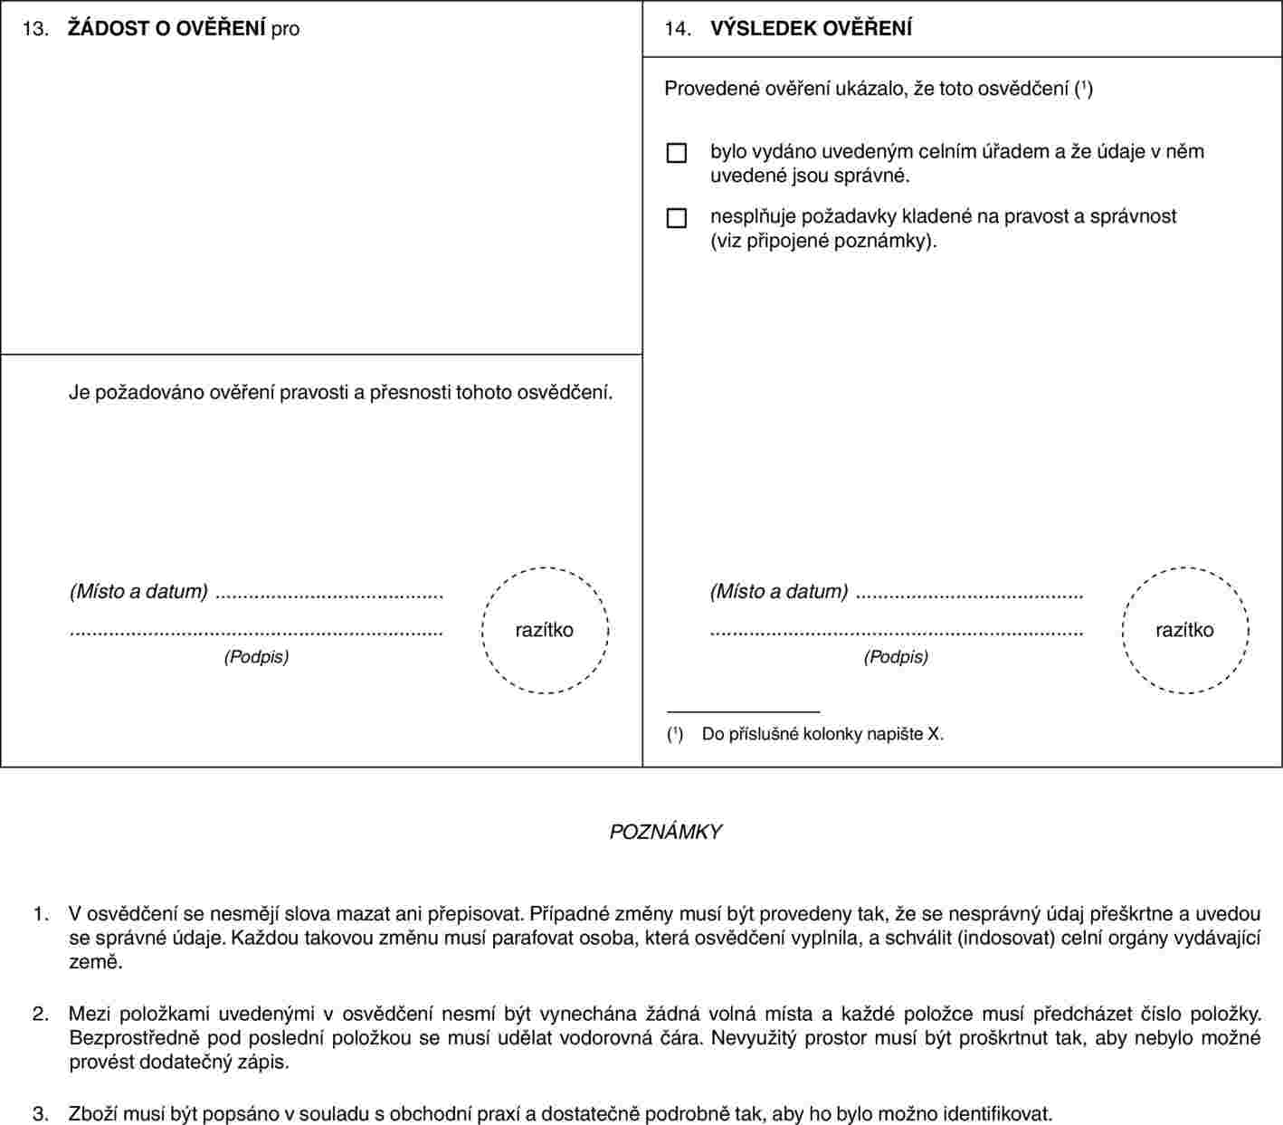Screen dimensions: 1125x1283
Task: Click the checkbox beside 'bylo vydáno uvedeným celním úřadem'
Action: click(x=676, y=153)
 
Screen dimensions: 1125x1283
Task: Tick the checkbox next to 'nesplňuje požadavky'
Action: click(x=676, y=218)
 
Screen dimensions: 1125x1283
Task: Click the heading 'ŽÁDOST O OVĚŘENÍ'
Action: click(x=166, y=28)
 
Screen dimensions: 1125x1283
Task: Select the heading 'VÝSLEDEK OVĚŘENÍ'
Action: click(x=811, y=28)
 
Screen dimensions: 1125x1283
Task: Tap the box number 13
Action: click(x=35, y=29)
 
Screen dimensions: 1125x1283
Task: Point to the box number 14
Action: click(x=678, y=29)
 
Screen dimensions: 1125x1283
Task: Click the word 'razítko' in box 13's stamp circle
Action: click(x=544, y=630)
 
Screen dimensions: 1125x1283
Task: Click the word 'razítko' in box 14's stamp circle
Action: click(x=1184, y=630)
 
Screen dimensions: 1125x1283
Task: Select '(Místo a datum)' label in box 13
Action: click(x=138, y=591)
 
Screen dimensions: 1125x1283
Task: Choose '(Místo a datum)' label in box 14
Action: click(x=779, y=591)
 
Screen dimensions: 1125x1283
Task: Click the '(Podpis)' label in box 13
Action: click(x=256, y=656)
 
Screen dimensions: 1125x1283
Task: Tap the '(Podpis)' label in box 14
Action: click(x=896, y=656)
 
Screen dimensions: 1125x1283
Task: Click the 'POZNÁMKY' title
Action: click(x=665, y=832)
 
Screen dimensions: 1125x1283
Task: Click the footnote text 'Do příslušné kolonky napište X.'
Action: click(x=822, y=734)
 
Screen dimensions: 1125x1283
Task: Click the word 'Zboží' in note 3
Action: click(x=92, y=1113)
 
